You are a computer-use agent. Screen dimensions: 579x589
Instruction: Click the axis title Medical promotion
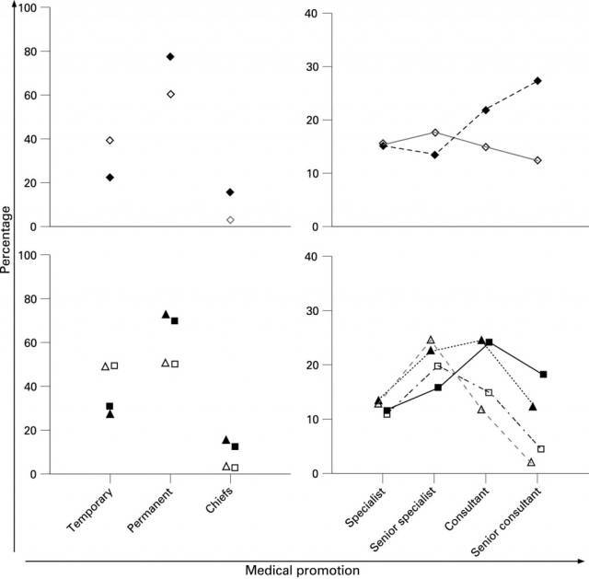(x=302, y=571)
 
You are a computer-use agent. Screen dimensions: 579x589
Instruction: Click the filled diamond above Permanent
(x=170, y=57)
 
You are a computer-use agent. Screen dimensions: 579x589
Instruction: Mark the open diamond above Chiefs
(x=230, y=220)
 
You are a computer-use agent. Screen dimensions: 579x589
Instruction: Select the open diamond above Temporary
(x=110, y=140)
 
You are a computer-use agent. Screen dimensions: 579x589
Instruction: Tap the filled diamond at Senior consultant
(x=537, y=81)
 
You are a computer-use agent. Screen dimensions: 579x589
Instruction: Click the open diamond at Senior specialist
(x=434, y=133)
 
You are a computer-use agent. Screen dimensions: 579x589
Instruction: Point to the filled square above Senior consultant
(x=543, y=375)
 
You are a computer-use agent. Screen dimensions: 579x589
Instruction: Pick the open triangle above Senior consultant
(x=532, y=462)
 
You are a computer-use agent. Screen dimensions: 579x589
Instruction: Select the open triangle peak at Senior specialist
(x=430, y=340)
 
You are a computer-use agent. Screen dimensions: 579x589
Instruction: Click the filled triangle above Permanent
(x=166, y=315)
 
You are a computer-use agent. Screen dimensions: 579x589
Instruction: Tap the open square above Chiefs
(x=235, y=468)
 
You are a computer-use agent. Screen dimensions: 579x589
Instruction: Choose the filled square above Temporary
(x=110, y=406)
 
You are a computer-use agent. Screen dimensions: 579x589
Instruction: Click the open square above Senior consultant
(x=541, y=449)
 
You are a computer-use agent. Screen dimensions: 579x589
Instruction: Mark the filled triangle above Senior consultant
(x=533, y=407)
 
